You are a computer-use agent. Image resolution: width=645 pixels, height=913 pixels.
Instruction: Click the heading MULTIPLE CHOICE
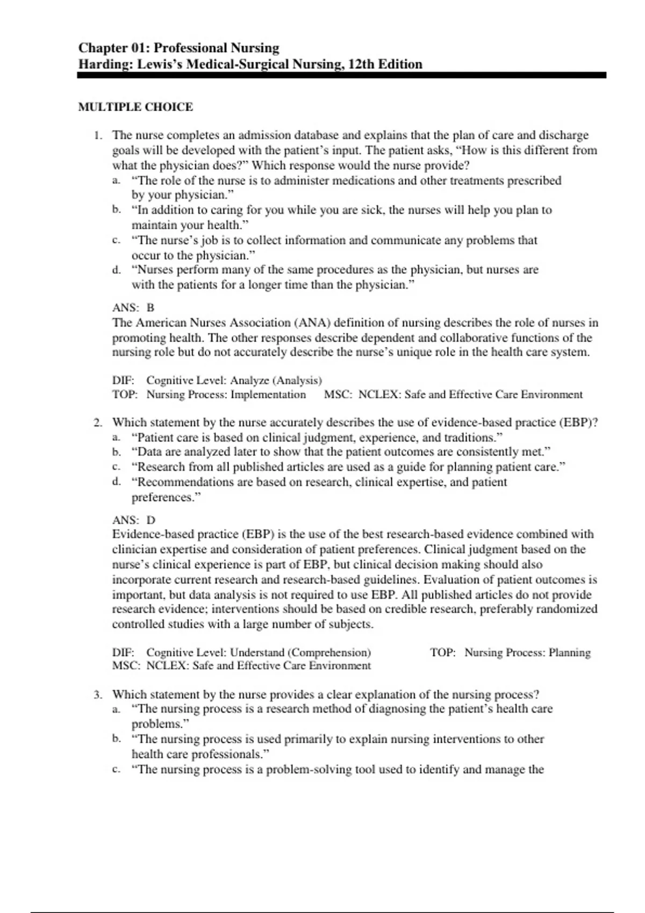point(135,107)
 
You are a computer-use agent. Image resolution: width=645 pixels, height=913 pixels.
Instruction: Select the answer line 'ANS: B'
point(133,308)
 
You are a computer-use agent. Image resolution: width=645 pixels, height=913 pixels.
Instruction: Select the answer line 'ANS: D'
point(133,520)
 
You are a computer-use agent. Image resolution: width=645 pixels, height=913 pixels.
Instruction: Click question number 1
point(97,135)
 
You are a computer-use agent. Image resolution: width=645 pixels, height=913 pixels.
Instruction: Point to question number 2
point(97,423)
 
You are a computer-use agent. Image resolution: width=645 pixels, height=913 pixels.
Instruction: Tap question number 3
point(97,694)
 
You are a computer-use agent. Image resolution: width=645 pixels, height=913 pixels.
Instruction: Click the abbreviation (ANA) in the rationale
point(312,323)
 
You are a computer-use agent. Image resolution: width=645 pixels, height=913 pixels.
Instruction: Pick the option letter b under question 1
point(116,210)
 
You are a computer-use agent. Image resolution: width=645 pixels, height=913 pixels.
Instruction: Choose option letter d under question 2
point(116,482)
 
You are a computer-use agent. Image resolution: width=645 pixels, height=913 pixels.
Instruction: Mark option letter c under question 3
point(116,770)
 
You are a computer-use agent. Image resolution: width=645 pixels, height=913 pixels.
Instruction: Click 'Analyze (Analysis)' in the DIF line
point(276,381)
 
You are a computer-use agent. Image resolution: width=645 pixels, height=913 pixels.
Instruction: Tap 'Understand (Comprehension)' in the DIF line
point(300,653)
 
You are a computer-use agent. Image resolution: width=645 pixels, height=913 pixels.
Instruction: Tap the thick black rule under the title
point(341,76)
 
